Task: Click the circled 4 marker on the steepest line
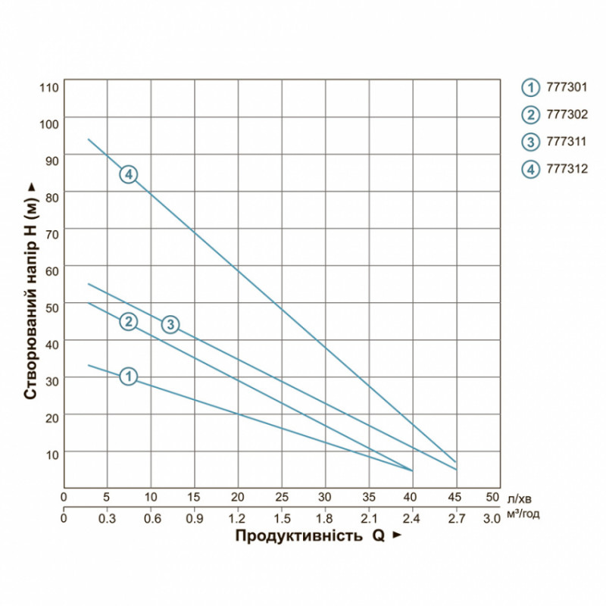point(129,174)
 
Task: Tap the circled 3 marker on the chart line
point(171,324)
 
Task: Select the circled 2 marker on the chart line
point(129,321)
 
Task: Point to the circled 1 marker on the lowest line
point(129,376)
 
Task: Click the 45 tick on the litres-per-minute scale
point(455,498)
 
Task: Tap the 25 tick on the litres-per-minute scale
point(282,498)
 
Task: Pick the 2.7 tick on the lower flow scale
point(455,519)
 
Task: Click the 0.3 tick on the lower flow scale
point(107,519)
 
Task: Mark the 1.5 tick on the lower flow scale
point(282,519)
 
